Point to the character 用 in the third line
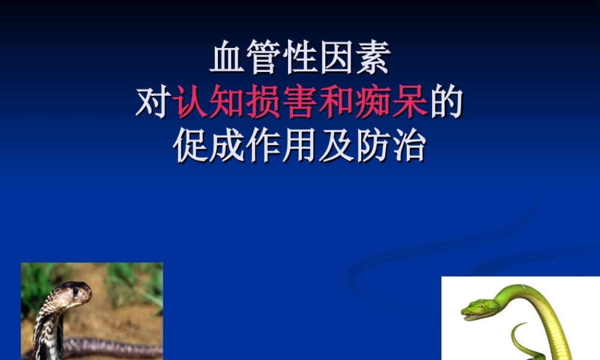coord(300,145)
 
